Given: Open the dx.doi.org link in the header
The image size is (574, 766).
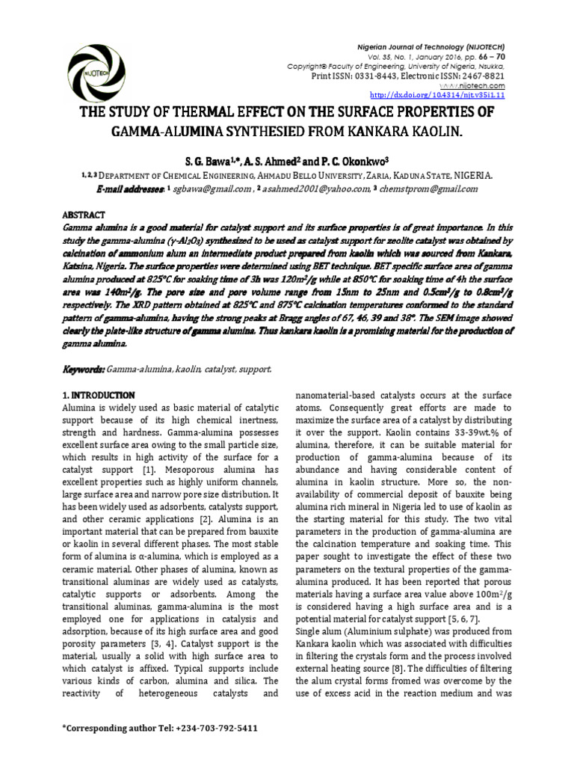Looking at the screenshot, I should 438,96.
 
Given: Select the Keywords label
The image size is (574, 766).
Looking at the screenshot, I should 83,370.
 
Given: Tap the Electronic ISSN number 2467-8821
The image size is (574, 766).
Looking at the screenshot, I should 483,76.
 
